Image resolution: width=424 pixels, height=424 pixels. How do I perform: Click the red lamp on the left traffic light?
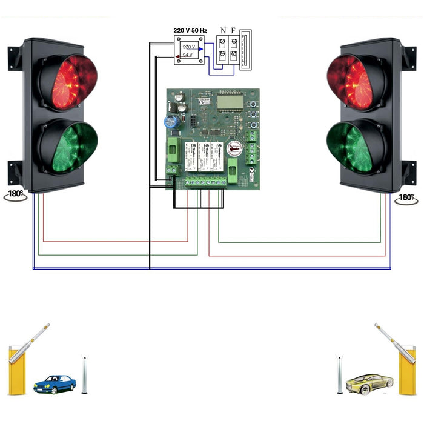(x=67, y=82)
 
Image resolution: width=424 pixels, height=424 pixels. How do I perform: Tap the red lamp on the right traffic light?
(x=357, y=82)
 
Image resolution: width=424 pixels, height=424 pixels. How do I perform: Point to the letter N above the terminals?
(x=223, y=30)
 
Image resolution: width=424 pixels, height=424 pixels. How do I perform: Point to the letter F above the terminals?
(x=233, y=30)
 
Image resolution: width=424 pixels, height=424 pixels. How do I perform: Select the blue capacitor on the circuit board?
(x=171, y=121)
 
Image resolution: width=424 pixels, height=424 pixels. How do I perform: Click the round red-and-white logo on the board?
(x=234, y=148)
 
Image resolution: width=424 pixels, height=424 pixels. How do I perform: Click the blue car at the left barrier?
(x=55, y=383)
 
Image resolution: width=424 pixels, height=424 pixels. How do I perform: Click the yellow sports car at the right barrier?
(x=369, y=382)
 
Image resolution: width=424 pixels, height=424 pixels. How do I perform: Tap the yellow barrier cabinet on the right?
(x=406, y=371)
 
